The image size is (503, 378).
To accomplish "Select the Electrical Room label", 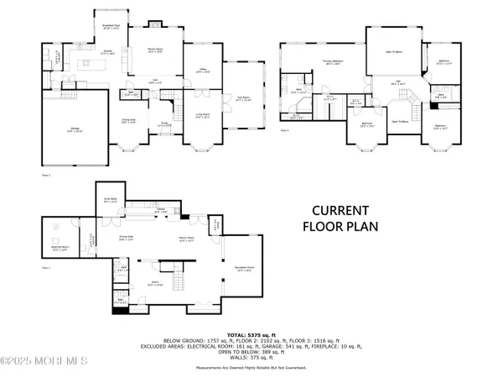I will [59, 249].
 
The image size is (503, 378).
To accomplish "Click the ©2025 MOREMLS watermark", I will [44, 361].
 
